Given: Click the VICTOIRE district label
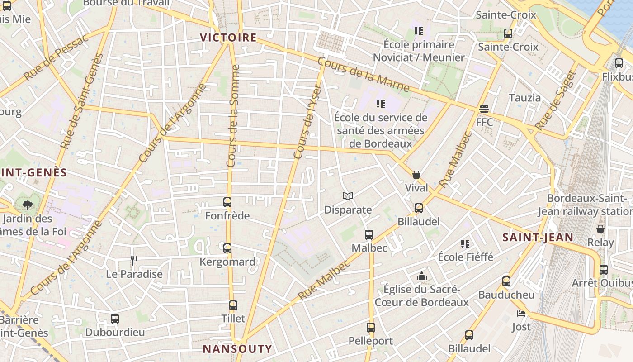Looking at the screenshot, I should (228, 38).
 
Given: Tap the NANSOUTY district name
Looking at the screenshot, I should (237, 349).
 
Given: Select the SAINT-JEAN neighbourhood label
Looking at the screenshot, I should (538, 237).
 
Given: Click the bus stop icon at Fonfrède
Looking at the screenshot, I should (227, 202).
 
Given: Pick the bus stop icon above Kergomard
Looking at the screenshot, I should (227, 248).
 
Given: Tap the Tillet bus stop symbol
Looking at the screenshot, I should (233, 305).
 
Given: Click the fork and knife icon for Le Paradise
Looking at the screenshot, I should (134, 260).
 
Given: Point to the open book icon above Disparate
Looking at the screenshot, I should (348, 196).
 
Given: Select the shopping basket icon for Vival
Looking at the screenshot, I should (416, 175).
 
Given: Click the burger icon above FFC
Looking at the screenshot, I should (484, 109).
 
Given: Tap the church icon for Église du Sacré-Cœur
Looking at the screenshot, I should (422, 276).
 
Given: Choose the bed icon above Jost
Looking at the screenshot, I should (521, 313).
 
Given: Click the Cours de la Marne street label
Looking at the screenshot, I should (364, 75).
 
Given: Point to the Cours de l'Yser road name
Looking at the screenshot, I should (307, 122).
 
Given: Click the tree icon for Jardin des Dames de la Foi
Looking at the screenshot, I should (28, 205).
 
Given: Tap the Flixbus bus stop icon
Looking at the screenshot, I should (619, 63).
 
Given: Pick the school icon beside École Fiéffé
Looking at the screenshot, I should (465, 244).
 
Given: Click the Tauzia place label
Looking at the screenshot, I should (524, 98).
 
